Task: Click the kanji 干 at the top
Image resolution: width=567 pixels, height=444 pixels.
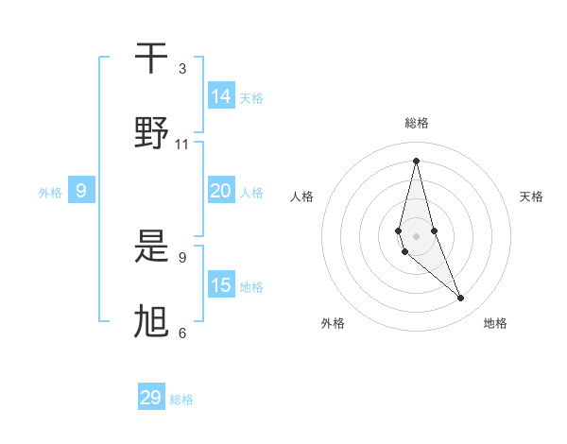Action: click(151, 59)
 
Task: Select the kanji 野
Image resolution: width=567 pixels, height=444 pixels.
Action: click(151, 133)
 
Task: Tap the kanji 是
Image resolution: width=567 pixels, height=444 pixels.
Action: click(151, 248)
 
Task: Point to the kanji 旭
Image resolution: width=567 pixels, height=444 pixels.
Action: click(151, 322)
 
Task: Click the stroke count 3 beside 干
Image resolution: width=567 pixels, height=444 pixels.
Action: click(182, 69)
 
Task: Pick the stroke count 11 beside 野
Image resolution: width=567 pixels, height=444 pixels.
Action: click(182, 145)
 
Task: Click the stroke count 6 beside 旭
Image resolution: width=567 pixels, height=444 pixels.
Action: click(182, 333)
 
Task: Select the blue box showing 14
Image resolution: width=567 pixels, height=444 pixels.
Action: click(221, 96)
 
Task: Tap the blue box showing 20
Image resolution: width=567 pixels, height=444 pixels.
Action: click(221, 191)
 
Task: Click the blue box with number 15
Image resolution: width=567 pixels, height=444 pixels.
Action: click(221, 285)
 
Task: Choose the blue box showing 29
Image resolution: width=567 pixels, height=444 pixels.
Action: click(151, 398)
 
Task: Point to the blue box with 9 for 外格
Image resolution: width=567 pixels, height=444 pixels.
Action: click(81, 191)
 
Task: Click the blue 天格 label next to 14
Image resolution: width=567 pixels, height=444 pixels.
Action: click(251, 97)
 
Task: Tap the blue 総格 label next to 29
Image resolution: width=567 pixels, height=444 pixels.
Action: click(181, 399)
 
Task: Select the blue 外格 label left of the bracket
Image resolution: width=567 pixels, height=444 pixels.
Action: click(50, 192)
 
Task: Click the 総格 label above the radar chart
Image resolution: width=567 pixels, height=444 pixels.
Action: click(417, 123)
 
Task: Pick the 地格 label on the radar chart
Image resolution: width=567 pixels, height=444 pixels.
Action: click(495, 323)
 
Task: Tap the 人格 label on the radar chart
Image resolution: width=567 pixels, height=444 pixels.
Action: click(302, 196)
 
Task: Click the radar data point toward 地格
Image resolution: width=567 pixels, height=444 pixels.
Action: click(461, 299)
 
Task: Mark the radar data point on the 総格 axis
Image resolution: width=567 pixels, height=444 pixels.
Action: click(416, 160)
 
